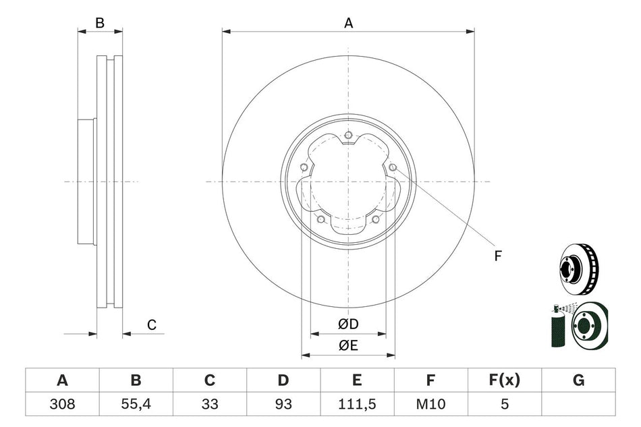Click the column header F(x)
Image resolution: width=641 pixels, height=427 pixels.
coord(504,381)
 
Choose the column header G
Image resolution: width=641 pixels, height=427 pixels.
coord(578,381)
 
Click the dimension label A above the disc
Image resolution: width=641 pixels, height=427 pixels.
coord(348,23)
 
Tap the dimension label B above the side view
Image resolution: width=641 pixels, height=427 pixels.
coord(100,23)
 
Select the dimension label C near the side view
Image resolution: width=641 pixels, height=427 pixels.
coord(152,325)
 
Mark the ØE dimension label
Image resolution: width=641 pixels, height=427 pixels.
coord(348,346)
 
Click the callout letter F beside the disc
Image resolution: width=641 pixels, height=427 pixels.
coord(498,256)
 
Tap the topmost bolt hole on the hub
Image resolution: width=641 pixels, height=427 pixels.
coord(348,136)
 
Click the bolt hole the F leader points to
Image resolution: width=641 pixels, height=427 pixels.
coord(392,167)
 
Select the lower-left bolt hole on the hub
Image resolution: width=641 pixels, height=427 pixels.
coord(320,219)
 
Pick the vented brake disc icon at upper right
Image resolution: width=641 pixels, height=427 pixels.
coord(579,267)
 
